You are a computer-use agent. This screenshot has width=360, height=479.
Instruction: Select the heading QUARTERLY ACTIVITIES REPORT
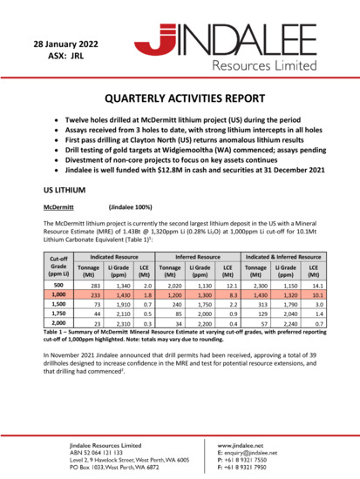pos(180,100)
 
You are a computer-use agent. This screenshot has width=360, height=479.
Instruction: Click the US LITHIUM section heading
pos(64,188)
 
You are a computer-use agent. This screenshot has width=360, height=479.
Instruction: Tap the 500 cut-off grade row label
pos(59,285)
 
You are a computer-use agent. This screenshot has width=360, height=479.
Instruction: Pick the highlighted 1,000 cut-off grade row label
pos(59,296)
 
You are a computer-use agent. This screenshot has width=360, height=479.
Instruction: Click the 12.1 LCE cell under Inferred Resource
pos(228,285)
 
